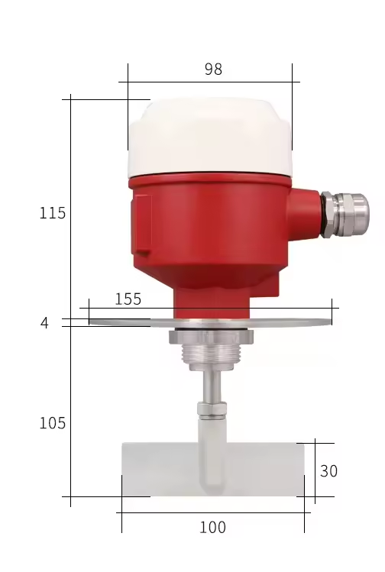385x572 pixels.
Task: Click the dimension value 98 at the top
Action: coord(213,69)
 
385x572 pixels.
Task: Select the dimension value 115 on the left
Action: coord(53,214)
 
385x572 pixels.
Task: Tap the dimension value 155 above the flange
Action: coord(128,299)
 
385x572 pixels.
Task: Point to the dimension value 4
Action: coord(44,324)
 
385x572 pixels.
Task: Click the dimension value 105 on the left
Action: coord(53,423)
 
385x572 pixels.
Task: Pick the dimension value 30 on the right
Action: coord(328,472)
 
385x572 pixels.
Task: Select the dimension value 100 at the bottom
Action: coord(212,528)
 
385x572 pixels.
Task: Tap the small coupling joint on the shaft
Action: coord(212,409)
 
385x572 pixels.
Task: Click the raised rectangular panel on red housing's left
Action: coord(141,225)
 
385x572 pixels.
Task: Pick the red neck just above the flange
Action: coord(212,304)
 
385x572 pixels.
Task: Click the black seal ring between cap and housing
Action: coord(209,174)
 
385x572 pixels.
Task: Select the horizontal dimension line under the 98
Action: coord(209,82)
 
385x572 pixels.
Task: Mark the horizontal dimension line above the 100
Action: coord(213,512)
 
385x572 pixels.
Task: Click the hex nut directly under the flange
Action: coord(212,336)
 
